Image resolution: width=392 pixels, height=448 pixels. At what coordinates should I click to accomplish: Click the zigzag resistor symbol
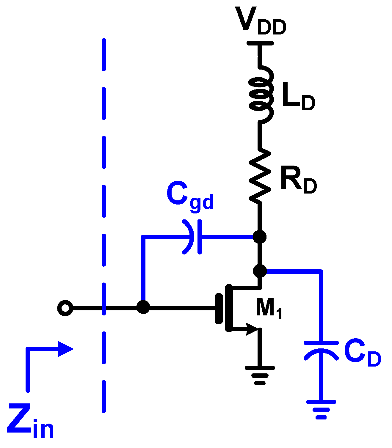(x=260, y=175)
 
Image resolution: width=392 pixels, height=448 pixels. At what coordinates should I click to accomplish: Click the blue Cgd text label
(x=190, y=195)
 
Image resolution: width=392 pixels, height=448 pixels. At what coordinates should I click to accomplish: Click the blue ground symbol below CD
(x=321, y=409)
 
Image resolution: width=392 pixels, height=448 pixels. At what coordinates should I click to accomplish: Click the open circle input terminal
(x=65, y=308)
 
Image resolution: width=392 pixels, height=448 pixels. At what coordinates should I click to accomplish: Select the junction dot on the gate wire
(x=143, y=307)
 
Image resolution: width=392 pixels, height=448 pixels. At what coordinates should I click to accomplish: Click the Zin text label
(x=30, y=421)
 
